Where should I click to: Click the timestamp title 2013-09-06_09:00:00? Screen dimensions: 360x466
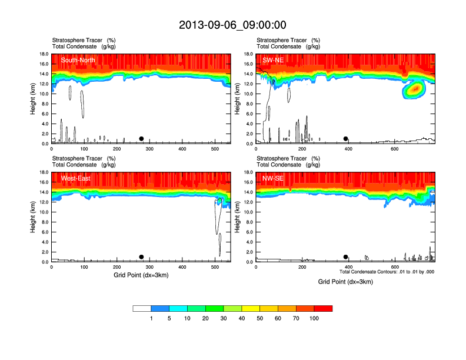[x=232, y=25]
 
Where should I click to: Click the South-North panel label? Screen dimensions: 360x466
[x=78, y=60]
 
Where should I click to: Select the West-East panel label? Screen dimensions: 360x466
[x=75, y=178]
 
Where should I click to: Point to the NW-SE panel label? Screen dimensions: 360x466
[x=274, y=178]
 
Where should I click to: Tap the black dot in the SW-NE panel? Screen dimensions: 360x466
[x=346, y=139]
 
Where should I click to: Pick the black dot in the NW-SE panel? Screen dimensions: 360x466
[x=346, y=257]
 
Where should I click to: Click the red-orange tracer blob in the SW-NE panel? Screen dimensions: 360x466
[x=416, y=88]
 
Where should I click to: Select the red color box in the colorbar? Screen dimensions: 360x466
[x=323, y=308]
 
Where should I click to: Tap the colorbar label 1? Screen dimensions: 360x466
[x=151, y=318]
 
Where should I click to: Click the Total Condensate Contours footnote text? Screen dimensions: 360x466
[x=387, y=272]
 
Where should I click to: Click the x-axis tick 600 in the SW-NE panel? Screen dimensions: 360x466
[x=394, y=149]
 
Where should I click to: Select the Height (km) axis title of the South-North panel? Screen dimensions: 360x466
[x=34, y=99]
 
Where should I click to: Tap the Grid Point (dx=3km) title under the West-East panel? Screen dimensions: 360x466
[x=141, y=275]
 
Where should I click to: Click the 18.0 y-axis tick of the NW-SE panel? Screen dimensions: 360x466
[x=248, y=172]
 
